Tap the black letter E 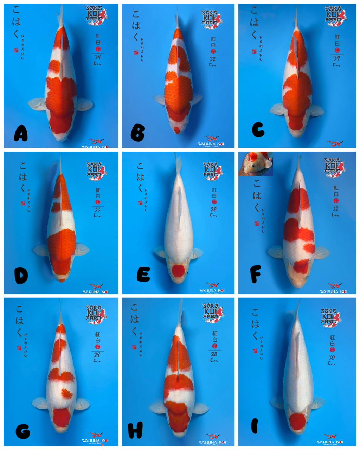pyautogui.click(x=143, y=275)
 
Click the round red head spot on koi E pyautogui.click(x=179, y=271)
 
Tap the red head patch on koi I pyautogui.click(x=297, y=421)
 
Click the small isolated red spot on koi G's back pyautogui.click(x=66, y=393)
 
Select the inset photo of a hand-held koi pyautogui.click(x=256, y=164)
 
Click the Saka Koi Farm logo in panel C pyautogui.click(x=335, y=16)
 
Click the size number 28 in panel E pyautogui.click(x=214, y=210)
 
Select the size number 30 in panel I pyautogui.click(x=331, y=358)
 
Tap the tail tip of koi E pyautogui.click(x=178, y=160)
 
